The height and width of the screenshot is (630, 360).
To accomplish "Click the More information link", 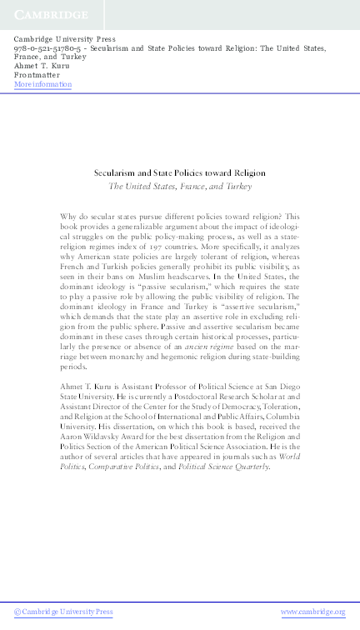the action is click(43, 85).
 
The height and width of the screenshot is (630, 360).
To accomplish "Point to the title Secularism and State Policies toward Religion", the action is click(180, 173).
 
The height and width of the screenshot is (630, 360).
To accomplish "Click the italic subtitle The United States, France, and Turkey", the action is click(180, 187).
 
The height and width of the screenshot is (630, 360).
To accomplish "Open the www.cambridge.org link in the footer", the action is click(312, 612).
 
